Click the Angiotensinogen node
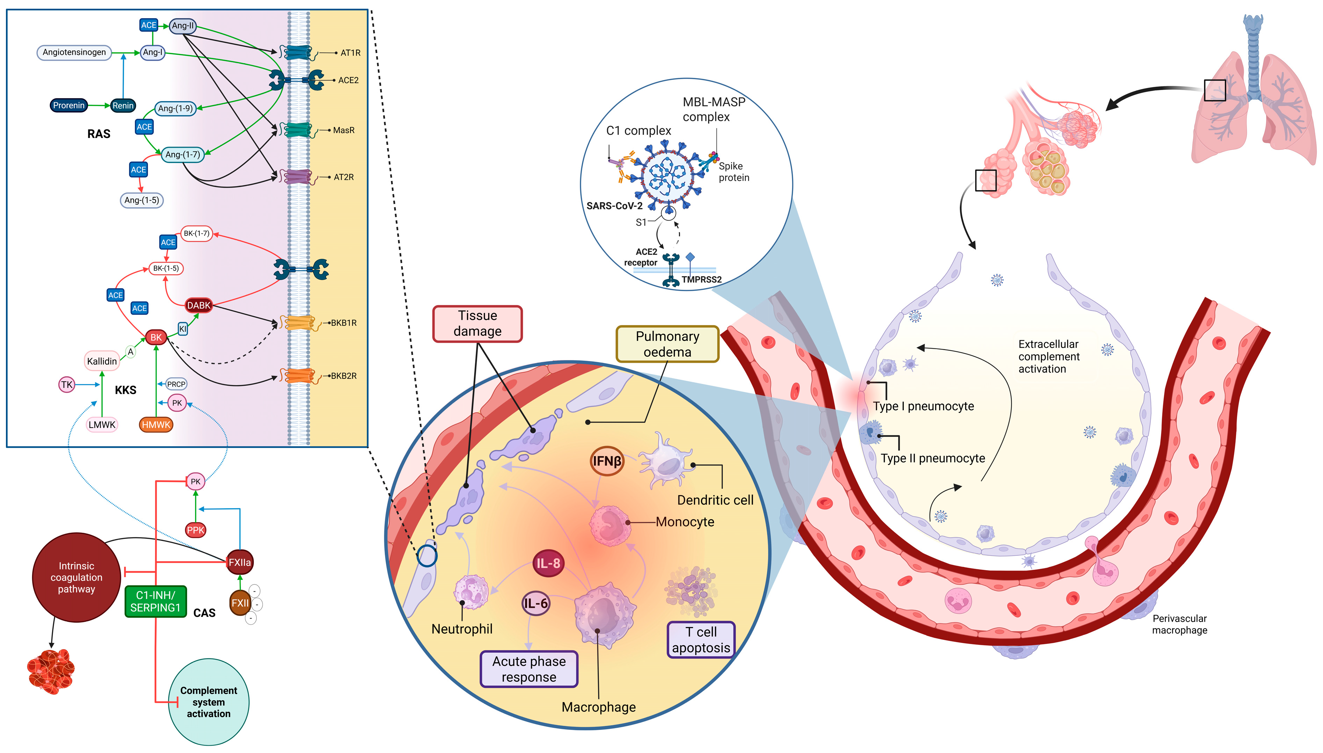[x=74, y=52]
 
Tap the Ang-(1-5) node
[x=142, y=200]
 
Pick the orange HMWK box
[x=156, y=425]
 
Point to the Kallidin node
[x=102, y=361]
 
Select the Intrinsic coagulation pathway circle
[x=76, y=577]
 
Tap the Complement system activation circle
[x=208, y=702]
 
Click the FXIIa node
[x=239, y=562]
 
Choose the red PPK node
[x=195, y=530]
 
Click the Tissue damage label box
[x=477, y=323]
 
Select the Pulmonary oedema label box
[x=667, y=344]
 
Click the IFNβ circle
[x=606, y=461]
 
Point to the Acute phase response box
[x=529, y=669]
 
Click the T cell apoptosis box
[x=701, y=640]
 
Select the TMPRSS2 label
[x=701, y=279]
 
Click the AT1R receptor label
[x=350, y=53]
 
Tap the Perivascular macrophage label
[x=1179, y=624]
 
